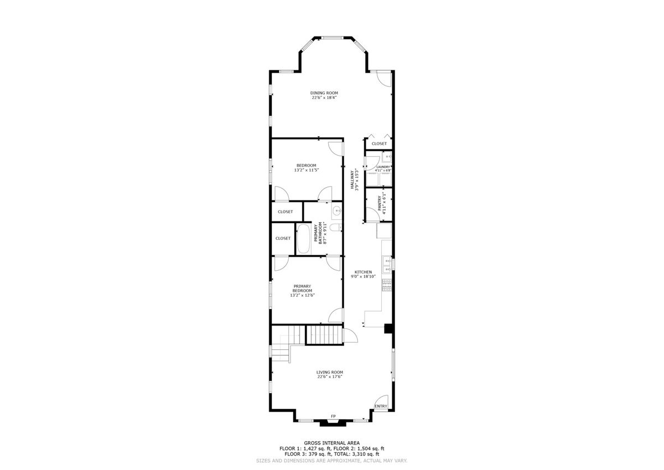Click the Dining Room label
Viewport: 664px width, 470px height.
pyautogui.click(x=324, y=93)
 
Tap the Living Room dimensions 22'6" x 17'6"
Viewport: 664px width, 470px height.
pyautogui.click(x=330, y=376)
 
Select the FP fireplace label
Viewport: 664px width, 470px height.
pyautogui.click(x=333, y=416)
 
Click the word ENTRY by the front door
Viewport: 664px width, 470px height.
pyautogui.click(x=381, y=406)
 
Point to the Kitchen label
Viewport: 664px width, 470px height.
pyautogui.click(x=363, y=272)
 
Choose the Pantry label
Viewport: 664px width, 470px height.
pyautogui.click(x=380, y=203)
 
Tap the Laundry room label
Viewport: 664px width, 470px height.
pyautogui.click(x=383, y=167)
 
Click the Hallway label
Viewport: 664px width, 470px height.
pyautogui.click(x=352, y=180)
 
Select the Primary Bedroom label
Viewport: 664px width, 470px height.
pyautogui.click(x=302, y=288)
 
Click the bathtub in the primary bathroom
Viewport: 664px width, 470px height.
pyautogui.click(x=303, y=239)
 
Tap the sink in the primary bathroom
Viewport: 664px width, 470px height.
pyautogui.click(x=337, y=211)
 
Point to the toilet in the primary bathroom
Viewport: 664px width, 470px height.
pyautogui.click(x=336, y=228)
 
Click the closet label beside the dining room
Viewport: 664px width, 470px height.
pyautogui.click(x=379, y=143)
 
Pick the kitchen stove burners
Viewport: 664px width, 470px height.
pyautogui.click(x=387, y=285)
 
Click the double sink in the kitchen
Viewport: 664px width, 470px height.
pyautogui.click(x=387, y=265)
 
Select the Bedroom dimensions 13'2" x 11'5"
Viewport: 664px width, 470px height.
pyautogui.click(x=306, y=170)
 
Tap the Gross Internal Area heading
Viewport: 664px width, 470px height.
pyautogui.click(x=331, y=443)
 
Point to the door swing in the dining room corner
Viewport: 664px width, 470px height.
pyautogui.click(x=385, y=79)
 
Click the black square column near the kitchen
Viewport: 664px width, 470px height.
pyautogui.click(x=388, y=328)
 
